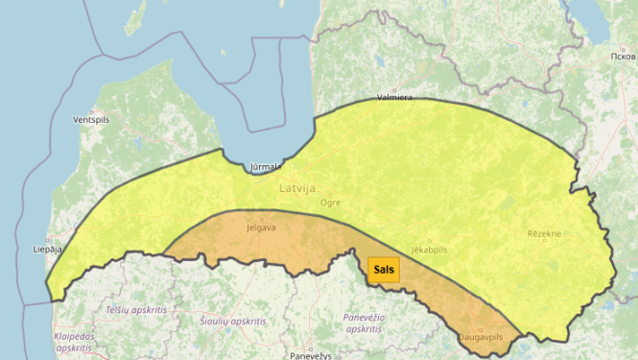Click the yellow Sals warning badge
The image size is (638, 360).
(384, 270)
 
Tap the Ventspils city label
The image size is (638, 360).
(91, 121)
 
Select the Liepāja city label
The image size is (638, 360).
(48, 249)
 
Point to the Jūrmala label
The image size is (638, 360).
(265, 167)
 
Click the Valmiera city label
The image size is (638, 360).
(394, 97)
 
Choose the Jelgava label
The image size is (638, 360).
(261, 228)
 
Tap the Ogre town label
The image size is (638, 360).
(330, 204)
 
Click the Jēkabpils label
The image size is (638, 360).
(429, 250)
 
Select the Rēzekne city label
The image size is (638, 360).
(544, 233)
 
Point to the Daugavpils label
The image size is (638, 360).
(481, 338)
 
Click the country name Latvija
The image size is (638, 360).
(297, 188)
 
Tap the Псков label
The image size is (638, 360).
(622, 57)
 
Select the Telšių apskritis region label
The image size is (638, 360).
(137, 310)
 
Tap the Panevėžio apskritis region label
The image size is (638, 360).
(364, 323)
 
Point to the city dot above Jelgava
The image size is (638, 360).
(260, 219)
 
